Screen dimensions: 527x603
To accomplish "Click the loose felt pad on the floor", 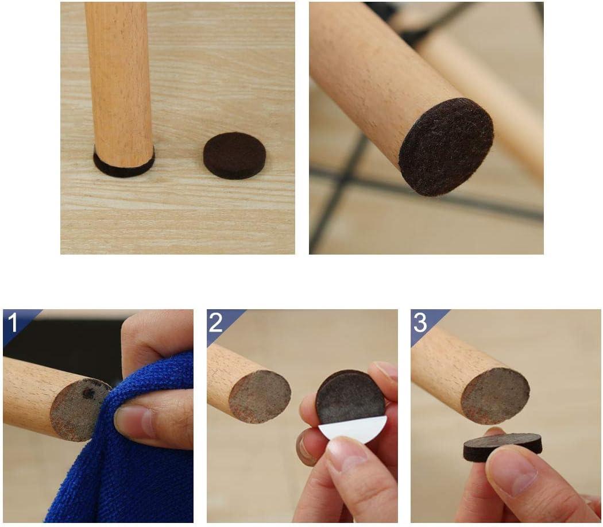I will click(x=234, y=155).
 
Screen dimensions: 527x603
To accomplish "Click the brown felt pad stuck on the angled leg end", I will click(x=446, y=147).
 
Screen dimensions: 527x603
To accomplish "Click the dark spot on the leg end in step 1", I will click(x=88, y=393).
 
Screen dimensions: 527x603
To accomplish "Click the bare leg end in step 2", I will click(x=260, y=397).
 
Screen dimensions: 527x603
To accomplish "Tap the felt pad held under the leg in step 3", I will click(x=502, y=446).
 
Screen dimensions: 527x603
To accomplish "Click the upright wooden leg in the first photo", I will click(x=119, y=80).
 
